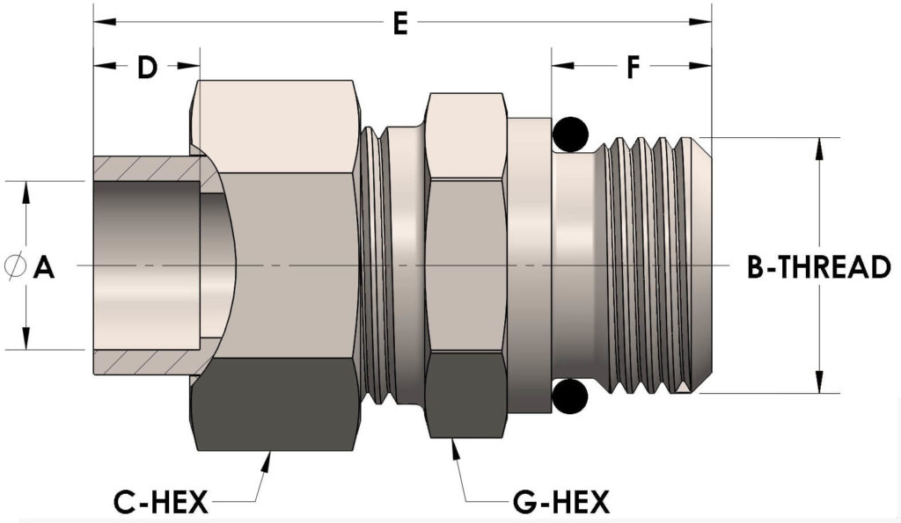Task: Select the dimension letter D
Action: pyautogui.click(x=147, y=67)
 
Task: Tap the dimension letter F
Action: pyautogui.click(x=633, y=67)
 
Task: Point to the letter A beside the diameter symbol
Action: pyautogui.click(x=44, y=267)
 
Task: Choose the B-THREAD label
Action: pyautogui.click(x=819, y=267)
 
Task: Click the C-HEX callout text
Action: pyautogui.click(x=160, y=503)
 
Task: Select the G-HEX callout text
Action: pyautogui.click(x=560, y=503)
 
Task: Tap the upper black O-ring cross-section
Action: pyautogui.click(x=570, y=134)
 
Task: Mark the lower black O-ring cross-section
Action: pyautogui.click(x=570, y=396)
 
